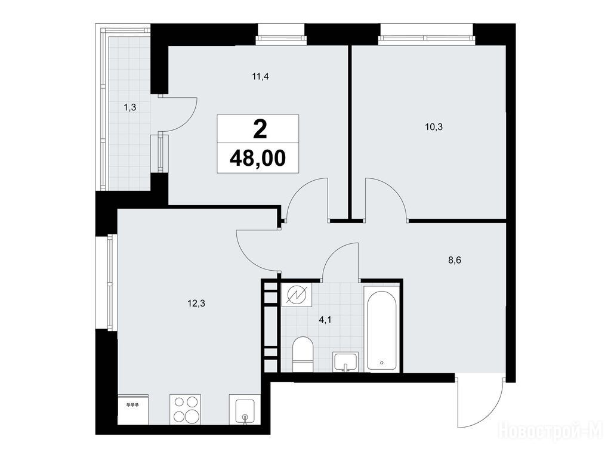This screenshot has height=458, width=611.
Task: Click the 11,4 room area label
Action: click(260, 76)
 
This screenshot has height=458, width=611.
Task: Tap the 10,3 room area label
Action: click(434, 127)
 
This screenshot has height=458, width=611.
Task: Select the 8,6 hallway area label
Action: click(455, 261)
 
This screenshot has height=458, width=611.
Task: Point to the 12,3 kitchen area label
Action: click(196, 304)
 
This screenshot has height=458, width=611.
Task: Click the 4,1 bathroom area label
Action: click(325, 320)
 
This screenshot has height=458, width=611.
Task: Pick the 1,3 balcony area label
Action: click(129, 107)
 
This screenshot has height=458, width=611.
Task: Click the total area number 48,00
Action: click(258, 158)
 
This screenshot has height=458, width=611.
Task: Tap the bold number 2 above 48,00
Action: click(260, 129)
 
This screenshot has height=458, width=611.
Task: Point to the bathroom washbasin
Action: click(345, 362)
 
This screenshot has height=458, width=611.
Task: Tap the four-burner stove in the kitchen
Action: click(185, 409)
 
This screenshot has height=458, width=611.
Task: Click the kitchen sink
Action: click(244, 409)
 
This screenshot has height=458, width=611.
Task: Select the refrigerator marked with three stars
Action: click(133, 409)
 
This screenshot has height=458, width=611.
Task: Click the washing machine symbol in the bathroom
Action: click(297, 295)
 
